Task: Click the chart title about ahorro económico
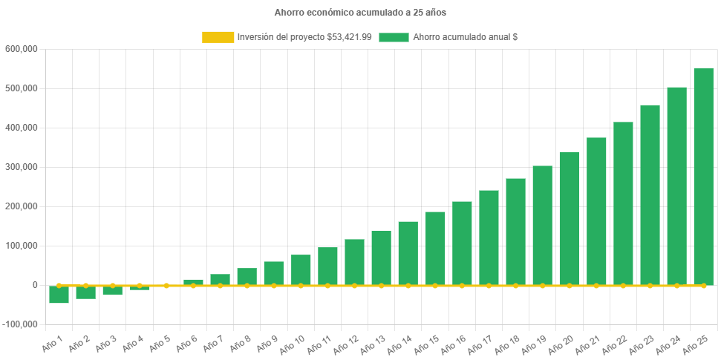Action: pos(360,13)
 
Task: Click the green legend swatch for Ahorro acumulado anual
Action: pos(394,37)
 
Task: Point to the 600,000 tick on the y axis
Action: pos(21,49)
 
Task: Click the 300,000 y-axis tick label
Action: pos(21,167)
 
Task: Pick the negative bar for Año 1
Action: pos(59,295)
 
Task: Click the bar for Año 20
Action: pos(569,219)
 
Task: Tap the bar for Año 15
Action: pos(435,249)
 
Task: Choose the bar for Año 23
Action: pos(650,195)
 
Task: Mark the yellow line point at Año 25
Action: pos(703,285)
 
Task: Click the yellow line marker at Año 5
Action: pos(166,285)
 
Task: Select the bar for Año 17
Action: pos(489,238)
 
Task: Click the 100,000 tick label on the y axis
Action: pos(21,246)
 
